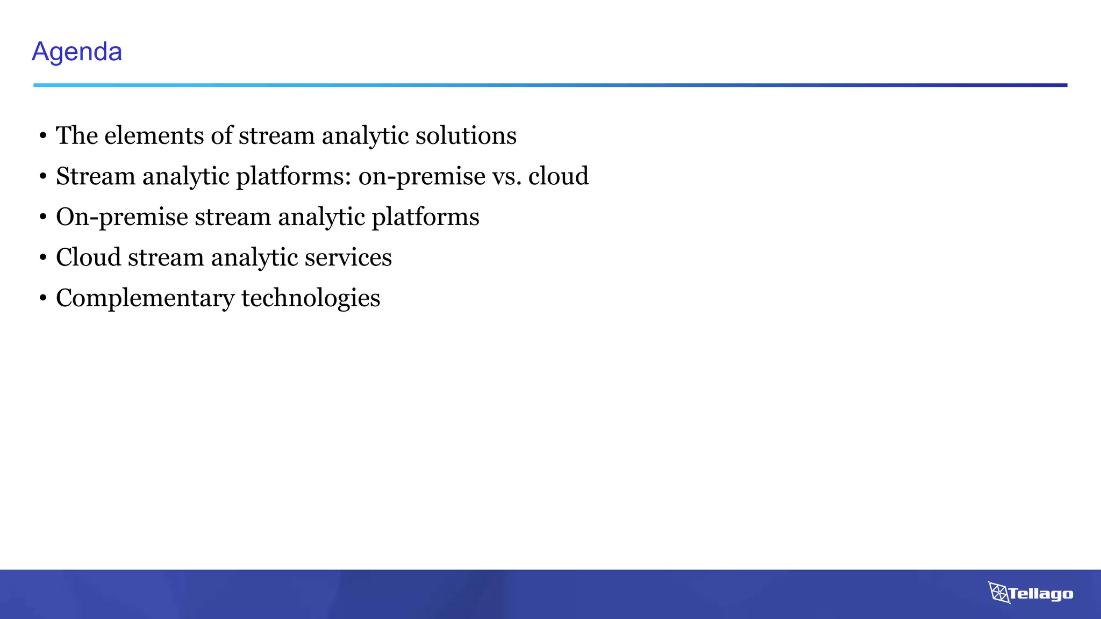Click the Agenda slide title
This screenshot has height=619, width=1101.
click(77, 52)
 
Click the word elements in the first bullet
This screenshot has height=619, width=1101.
click(154, 135)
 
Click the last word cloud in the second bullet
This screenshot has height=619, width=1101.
click(559, 176)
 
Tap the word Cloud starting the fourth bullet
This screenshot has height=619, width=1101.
click(89, 257)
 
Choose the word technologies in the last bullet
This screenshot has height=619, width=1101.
click(311, 299)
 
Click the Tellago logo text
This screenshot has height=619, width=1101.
click(1041, 594)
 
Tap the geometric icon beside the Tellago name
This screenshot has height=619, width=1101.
click(998, 592)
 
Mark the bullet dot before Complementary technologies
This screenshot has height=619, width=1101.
click(43, 299)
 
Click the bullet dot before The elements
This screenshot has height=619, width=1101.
click(43, 136)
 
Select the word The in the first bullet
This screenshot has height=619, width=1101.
click(77, 135)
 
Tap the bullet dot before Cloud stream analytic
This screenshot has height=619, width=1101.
click(43, 258)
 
